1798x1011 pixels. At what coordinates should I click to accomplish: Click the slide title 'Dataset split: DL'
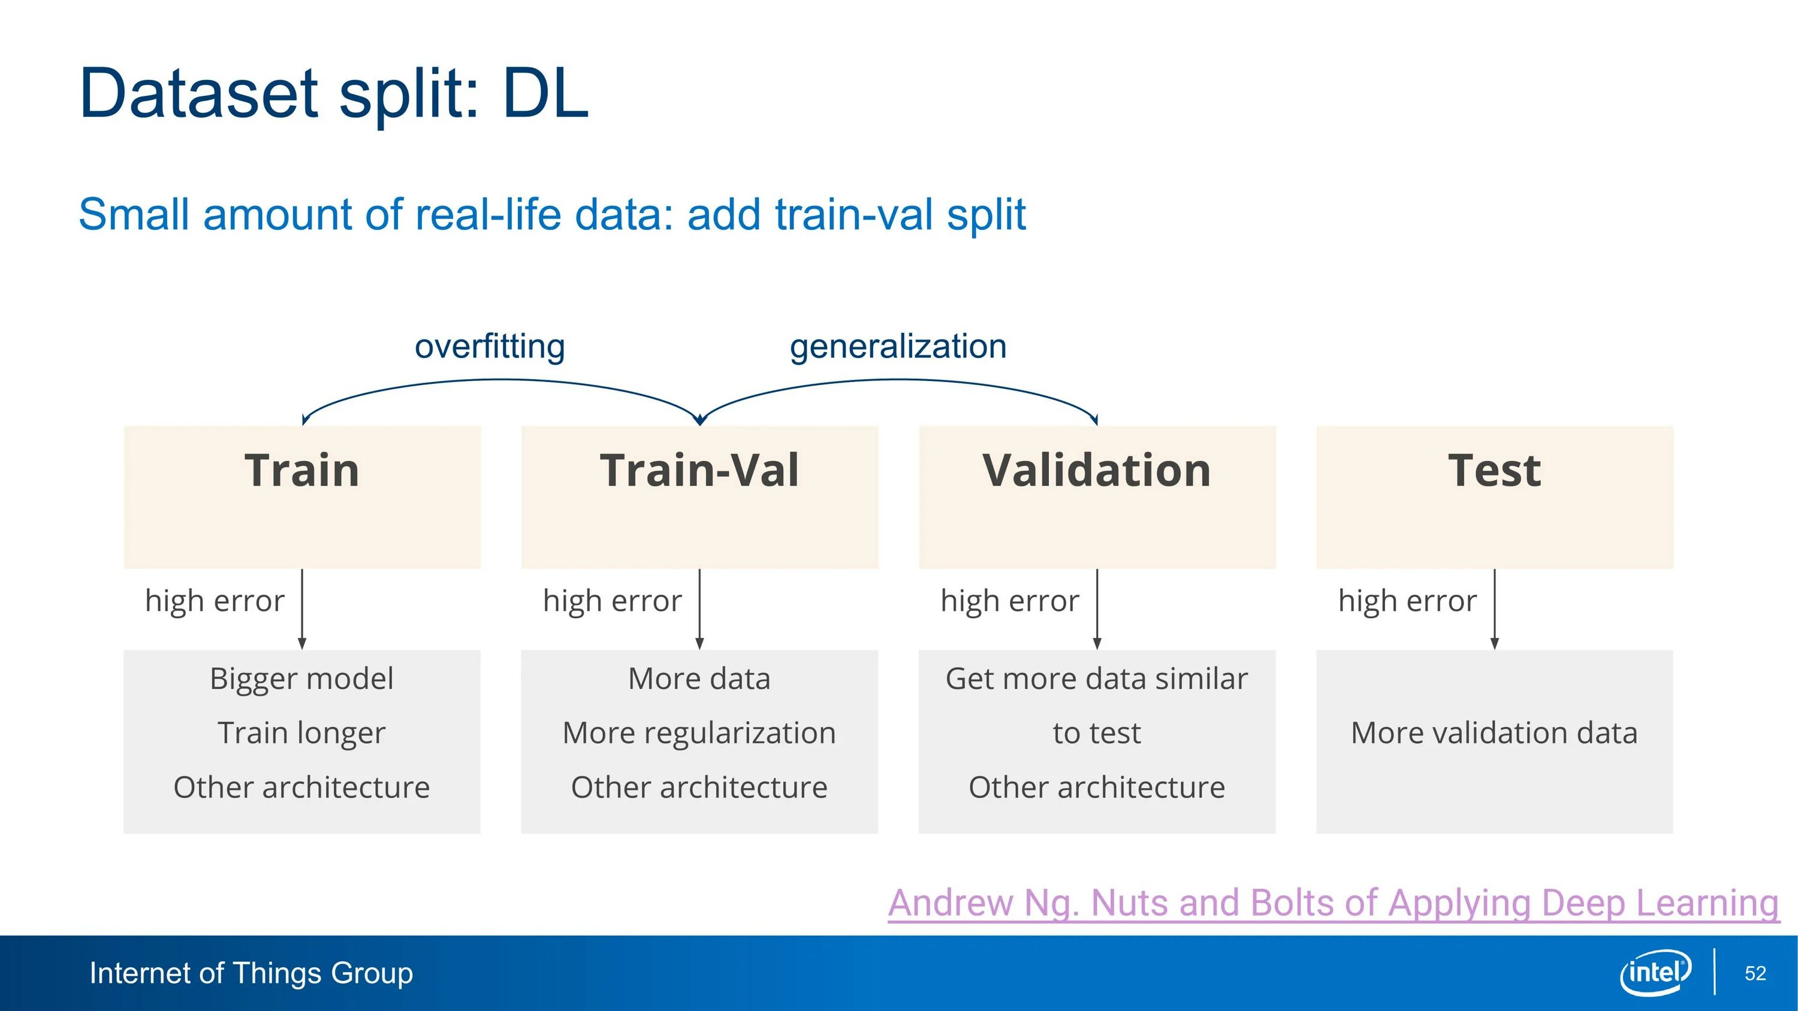334,93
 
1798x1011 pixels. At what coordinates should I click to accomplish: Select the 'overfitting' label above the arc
490,347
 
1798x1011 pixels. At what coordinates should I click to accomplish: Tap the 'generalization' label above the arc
898,347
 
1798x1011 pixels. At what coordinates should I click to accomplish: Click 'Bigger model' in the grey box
301,679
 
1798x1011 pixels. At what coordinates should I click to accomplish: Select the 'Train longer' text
301,733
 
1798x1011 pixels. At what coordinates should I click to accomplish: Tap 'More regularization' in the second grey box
699,733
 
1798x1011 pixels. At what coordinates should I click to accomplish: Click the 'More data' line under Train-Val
699,679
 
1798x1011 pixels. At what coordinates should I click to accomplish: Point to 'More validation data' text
1494,733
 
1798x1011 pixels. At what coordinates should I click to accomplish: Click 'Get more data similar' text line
1097,679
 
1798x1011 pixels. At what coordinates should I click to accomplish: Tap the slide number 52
1755,973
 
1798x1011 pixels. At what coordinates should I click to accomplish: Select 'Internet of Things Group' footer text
251,973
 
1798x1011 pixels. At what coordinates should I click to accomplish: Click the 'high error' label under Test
1408,601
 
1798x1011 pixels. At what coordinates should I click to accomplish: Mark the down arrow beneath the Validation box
1097,609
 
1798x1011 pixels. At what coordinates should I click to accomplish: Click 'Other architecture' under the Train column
301,788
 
